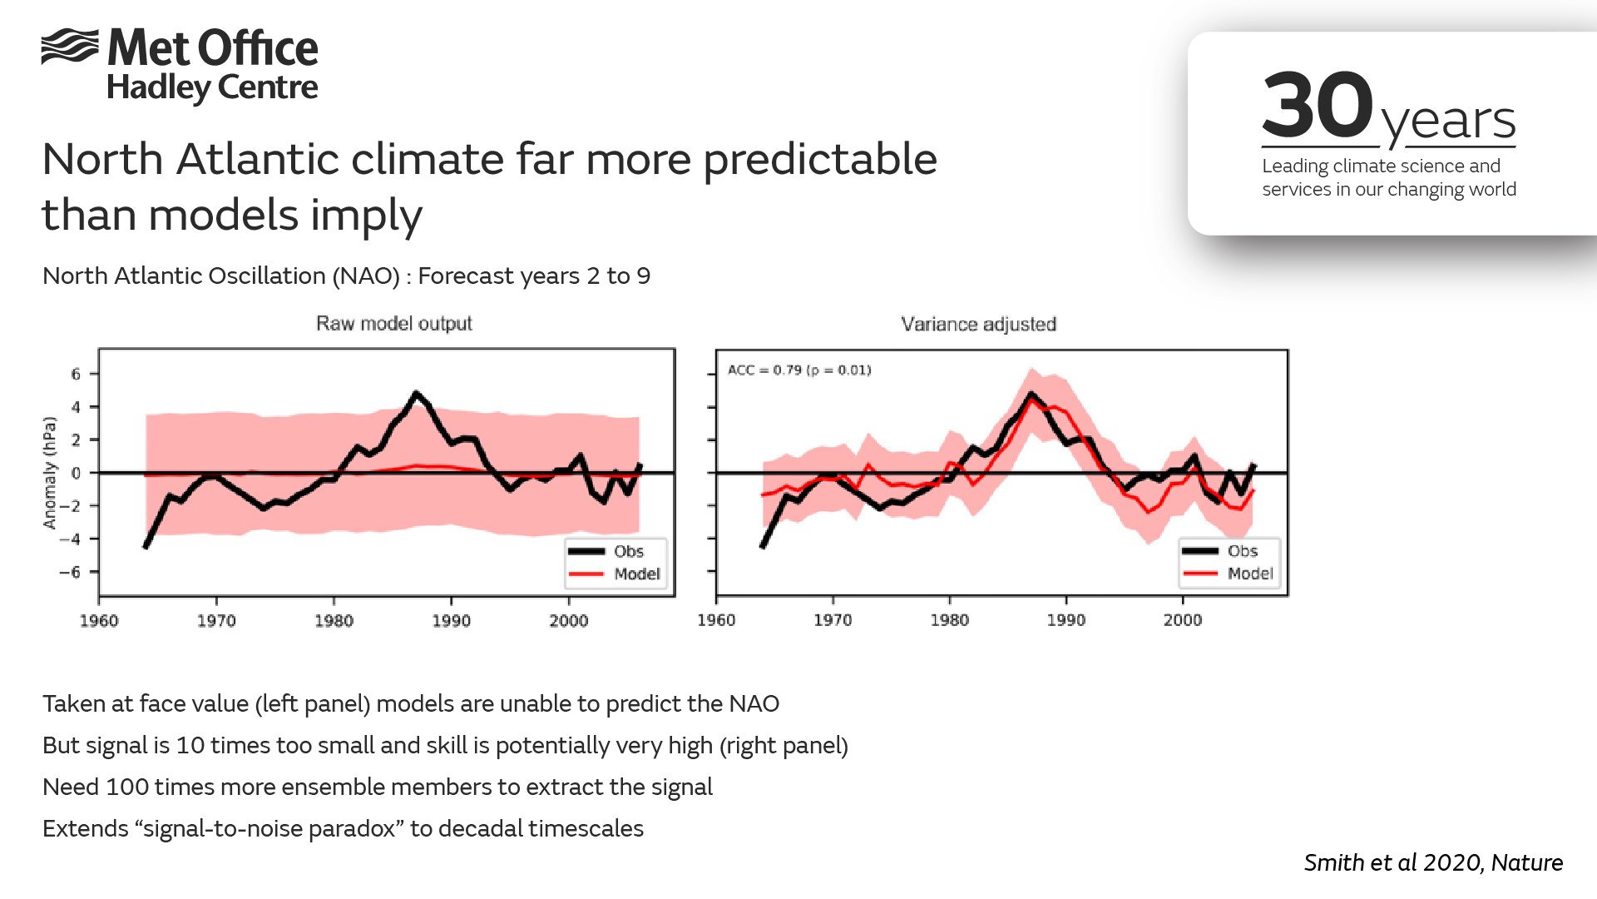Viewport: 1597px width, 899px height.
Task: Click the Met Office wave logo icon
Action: point(70,46)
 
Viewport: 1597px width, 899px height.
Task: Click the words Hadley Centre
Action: point(212,87)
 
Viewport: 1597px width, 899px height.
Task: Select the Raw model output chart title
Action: point(393,323)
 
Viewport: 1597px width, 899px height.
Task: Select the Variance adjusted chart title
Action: point(978,324)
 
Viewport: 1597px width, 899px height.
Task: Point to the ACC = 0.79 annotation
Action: point(799,370)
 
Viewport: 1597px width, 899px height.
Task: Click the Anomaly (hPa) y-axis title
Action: point(50,472)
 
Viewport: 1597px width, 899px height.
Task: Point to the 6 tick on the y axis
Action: point(76,374)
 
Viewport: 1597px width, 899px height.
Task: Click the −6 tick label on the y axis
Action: point(70,572)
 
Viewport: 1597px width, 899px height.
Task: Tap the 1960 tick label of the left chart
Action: point(99,620)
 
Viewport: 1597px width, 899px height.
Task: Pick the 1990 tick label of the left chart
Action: point(451,620)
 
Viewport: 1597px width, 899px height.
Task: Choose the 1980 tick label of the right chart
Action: point(949,619)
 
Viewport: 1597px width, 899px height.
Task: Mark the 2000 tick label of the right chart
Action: point(1182,619)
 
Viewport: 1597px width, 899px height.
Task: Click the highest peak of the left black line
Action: point(416,392)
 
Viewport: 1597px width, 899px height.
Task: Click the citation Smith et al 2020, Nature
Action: point(1432,862)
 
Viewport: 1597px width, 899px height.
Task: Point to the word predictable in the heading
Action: point(820,159)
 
